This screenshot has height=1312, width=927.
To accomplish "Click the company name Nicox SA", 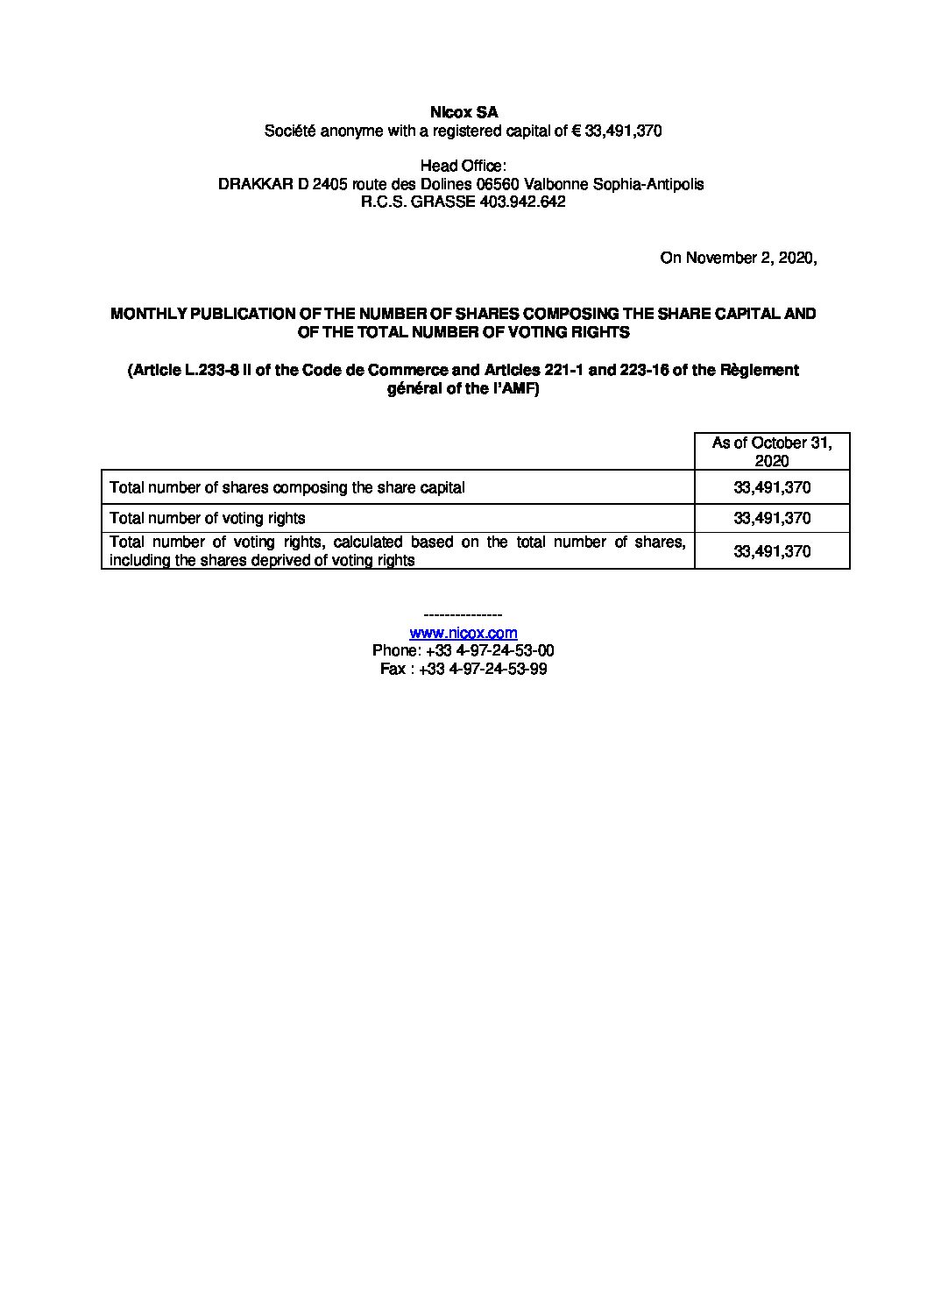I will (463, 113).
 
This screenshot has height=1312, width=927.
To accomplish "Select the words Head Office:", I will (463, 167).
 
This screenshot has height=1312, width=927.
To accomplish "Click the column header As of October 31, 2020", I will (772, 451).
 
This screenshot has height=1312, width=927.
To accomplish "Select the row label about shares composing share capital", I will (287, 487).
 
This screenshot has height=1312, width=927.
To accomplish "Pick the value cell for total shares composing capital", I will (772, 487).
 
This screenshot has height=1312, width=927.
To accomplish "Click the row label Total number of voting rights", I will (208, 518).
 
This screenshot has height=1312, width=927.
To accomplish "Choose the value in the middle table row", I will (772, 518).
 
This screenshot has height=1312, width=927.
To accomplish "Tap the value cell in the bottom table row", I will (772, 551).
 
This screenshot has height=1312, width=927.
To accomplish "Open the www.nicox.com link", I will (463, 633).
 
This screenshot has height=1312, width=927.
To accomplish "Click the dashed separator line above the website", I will (463, 615).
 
